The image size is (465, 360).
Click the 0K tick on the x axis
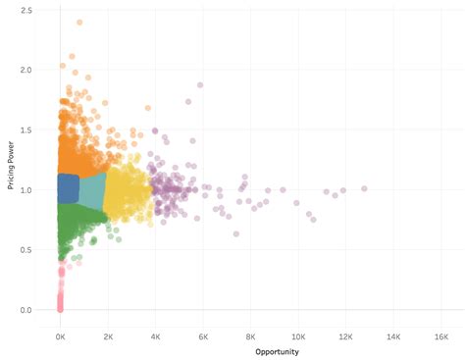click(60, 334)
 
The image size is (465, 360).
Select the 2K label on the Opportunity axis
click(108, 334)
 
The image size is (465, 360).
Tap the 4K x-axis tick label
click(155, 334)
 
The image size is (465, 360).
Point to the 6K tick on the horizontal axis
click(203, 334)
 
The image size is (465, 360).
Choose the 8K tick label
click(250, 334)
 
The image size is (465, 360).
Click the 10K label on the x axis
click(298, 334)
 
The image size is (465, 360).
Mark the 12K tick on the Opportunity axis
click(346, 334)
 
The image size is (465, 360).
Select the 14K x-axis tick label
click(393, 334)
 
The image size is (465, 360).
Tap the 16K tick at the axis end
click(441, 334)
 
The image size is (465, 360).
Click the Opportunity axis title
click(278, 351)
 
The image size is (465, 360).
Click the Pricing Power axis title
click(11, 161)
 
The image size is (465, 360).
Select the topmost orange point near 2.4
click(79, 23)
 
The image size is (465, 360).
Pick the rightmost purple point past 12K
click(364, 187)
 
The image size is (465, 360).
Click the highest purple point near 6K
click(200, 85)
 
